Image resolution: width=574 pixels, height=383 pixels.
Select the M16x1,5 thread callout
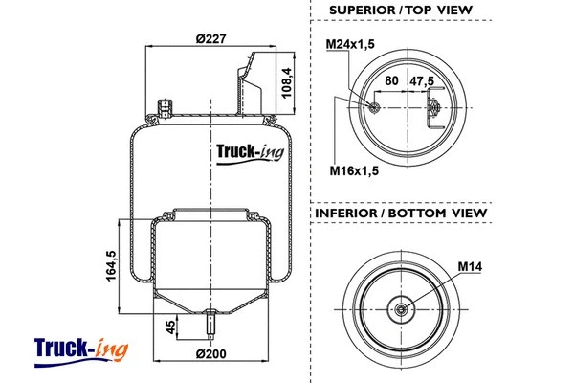[x=350, y=170]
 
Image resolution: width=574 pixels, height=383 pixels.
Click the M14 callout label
[x=470, y=265]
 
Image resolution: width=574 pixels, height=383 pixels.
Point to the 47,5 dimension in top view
[x=421, y=82]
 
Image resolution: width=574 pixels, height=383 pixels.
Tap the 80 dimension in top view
[x=391, y=82]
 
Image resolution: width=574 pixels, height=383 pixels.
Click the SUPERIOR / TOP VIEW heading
[x=401, y=11]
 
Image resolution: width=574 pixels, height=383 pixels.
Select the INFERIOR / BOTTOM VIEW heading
[x=402, y=212]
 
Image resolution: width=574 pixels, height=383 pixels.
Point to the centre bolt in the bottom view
[x=401, y=308]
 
